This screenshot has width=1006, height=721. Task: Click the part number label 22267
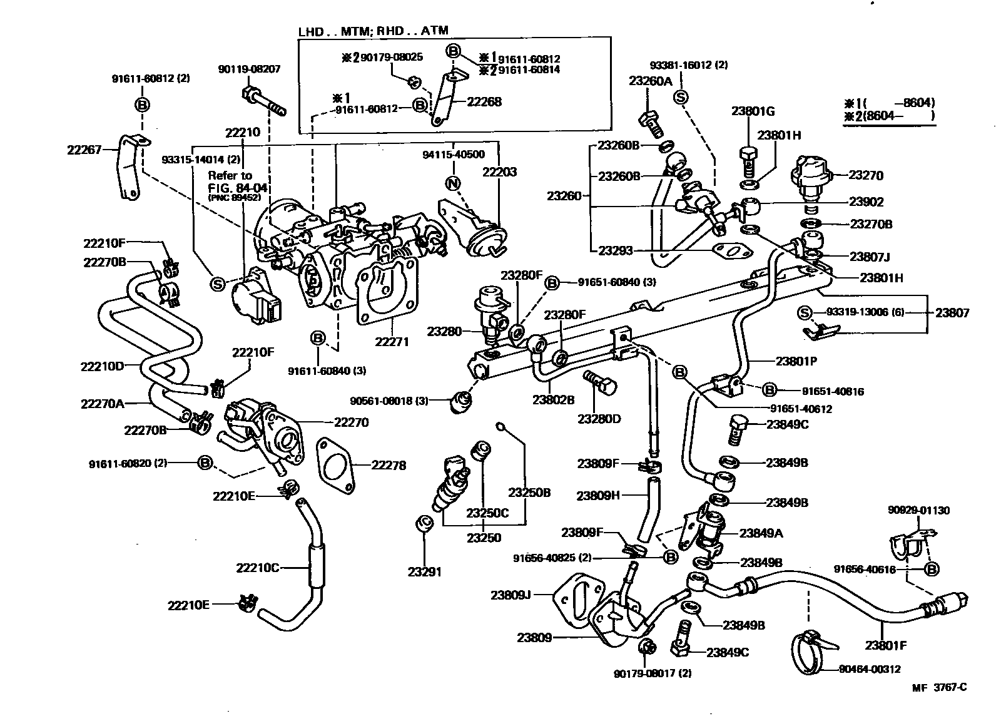[x=84, y=150]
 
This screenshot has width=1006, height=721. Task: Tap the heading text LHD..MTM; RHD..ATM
[x=373, y=30]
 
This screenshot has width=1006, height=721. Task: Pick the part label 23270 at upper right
[x=866, y=175]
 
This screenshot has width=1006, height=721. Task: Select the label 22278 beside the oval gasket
[x=389, y=465]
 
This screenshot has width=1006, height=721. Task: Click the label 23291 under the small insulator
[x=425, y=571]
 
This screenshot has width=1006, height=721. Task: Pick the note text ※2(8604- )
[x=888, y=116]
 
